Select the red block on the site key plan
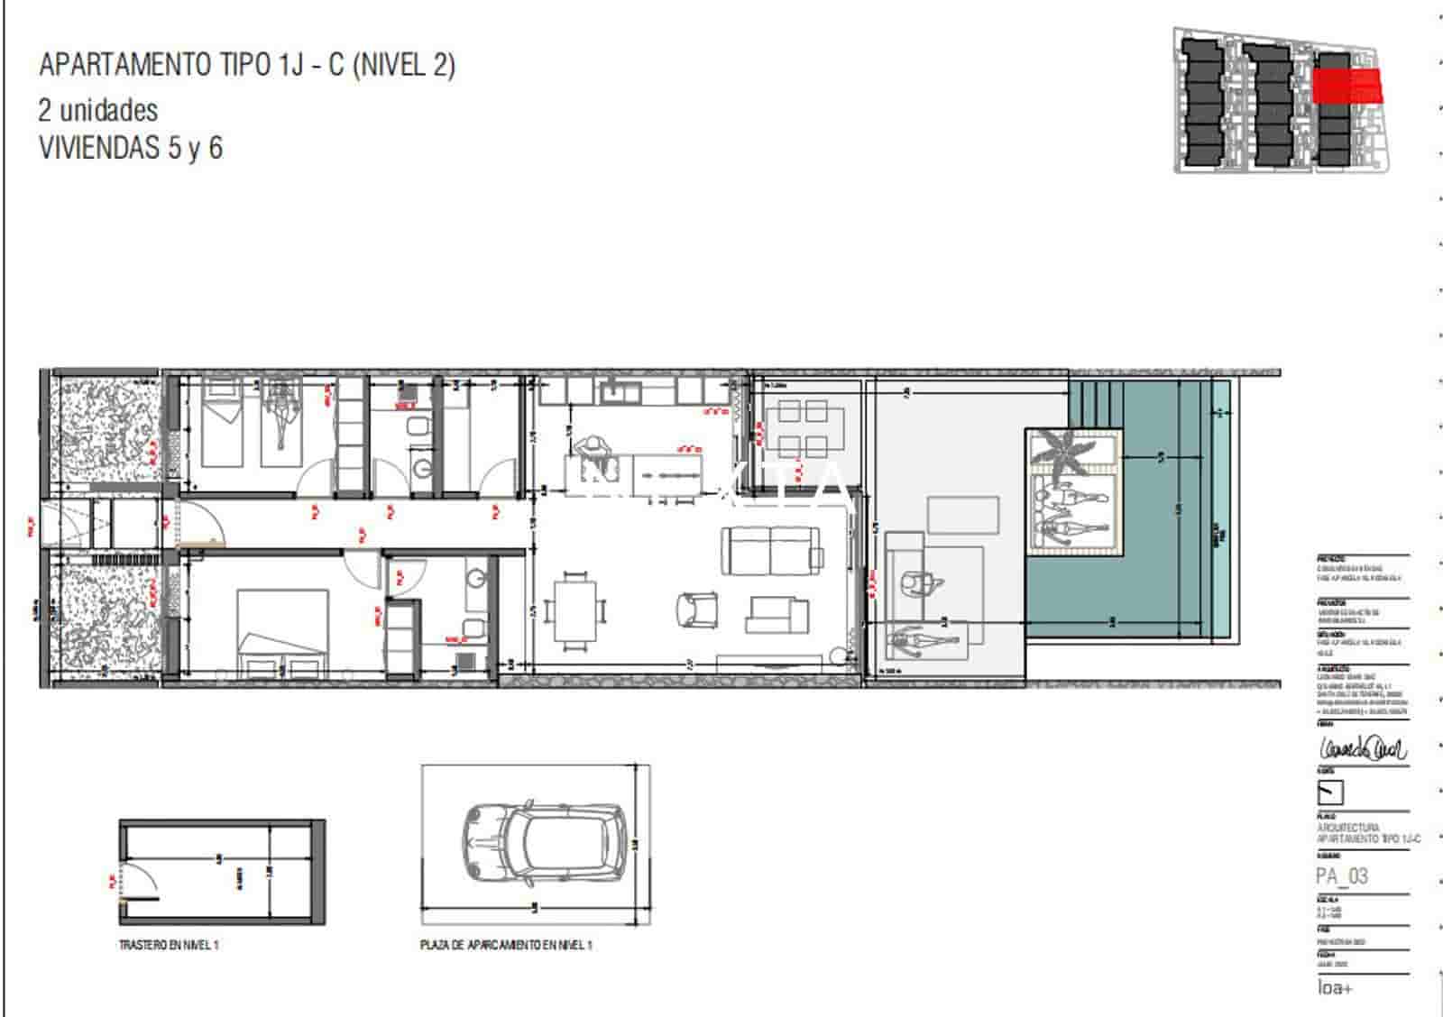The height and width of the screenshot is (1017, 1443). pyautogui.click(x=1346, y=86)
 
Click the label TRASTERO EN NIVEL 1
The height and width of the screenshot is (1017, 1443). pyautogui.click(x=169, y=945)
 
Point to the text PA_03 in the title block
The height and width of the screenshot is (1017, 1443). pyautogui.click(x=1342, y=875)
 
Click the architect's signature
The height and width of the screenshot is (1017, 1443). pyautogui.click(x=1362, y=748)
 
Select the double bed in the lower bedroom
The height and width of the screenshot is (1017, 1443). pyautogui.click(x=282, y=622)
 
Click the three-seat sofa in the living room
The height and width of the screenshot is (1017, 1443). pyautogui.click(x=772, y=551)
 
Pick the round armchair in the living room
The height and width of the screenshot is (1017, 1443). pyautogui.click(x=696, y=610)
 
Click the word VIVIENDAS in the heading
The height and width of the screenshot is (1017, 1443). pyautogui.click(x=99, y=148)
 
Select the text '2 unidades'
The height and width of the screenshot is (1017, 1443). pyautogui.click(x=97, y=111)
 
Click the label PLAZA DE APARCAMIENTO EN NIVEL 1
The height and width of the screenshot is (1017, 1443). pyautogui.click(x=506, y=945)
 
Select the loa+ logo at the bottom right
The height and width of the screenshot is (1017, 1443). pyautogui.click(x=1334, y=988)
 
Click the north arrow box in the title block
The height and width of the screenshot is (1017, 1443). pyautogui.click(x=1330, y=793)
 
